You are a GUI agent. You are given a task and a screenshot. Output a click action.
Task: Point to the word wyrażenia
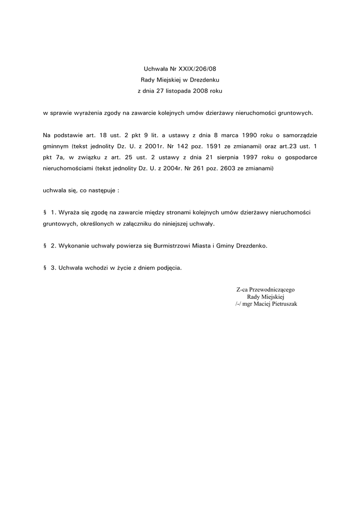[x=87, y=113]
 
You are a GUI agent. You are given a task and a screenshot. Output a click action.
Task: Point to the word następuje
[x=100, y=190]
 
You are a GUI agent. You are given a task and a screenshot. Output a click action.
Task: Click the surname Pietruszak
[x=282, y=303]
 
